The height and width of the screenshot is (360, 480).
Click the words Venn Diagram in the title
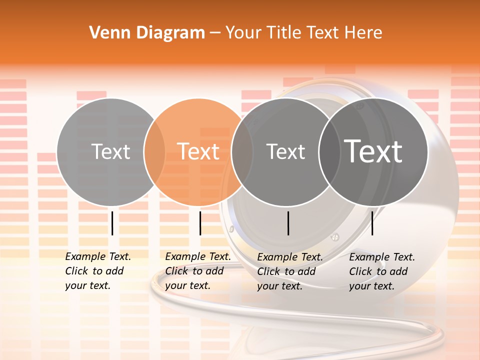[147, 33]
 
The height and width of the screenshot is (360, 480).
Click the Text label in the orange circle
[198, 151]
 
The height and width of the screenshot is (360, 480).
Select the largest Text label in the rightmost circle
[373, 151]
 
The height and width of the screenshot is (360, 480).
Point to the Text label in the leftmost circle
[111, 151]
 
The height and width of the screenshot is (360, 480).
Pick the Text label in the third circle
[285, 151]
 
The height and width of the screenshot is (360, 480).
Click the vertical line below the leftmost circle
[112, 223]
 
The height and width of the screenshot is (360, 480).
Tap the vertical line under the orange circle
[200, 223]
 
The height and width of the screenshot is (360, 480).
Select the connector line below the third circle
[288, 223]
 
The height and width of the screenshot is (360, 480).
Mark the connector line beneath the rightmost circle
[372, 223]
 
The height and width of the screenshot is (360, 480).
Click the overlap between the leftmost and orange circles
[154, 151]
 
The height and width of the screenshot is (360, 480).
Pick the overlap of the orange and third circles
[242, 151]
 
